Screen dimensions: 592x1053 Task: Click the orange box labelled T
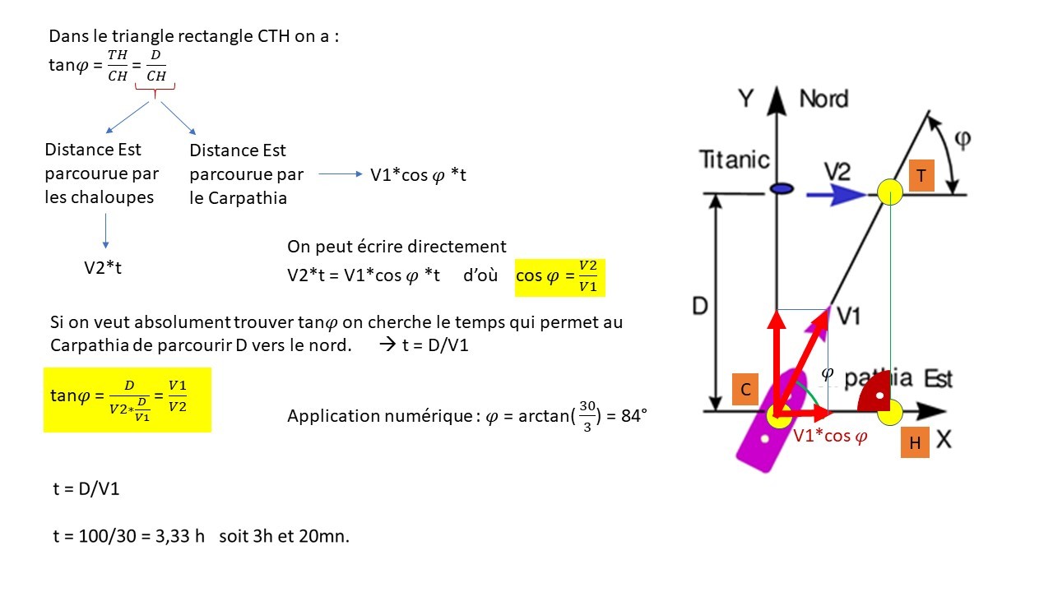[921, 176]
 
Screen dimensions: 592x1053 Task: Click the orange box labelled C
[745, 389]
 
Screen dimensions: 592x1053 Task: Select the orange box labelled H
[915, 443]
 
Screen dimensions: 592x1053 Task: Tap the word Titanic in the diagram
[734, 160]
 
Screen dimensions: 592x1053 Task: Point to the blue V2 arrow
[835, 195]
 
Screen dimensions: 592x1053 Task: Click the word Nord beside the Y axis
[823, 99]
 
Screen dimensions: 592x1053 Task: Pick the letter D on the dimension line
[700, 306]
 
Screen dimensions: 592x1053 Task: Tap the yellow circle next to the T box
[889, 192]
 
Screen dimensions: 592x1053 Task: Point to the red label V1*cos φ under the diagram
[829, 437]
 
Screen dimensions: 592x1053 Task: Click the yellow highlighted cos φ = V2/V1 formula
[559, 275]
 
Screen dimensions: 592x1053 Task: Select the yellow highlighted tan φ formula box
[127, 399]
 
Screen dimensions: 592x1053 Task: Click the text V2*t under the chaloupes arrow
[103, 267]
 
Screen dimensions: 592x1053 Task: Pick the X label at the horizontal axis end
[944, 441]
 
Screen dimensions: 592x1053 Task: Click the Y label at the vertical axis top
[745, 99]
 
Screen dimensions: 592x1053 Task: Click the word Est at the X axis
[938, 379]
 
